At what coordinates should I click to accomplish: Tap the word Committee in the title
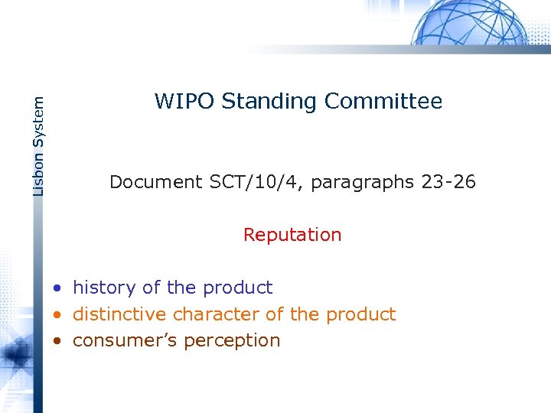tap(383, 101)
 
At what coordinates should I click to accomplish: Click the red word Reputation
tap(292, 235)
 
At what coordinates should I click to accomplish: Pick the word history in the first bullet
tap(105, 288)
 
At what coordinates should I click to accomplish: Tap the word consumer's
tap(120, 340)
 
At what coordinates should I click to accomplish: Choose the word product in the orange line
tap(360, 314)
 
